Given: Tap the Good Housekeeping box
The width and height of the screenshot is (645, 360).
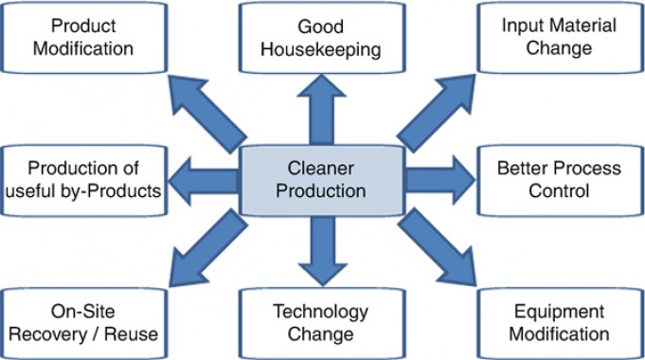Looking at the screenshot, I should click(321, 35).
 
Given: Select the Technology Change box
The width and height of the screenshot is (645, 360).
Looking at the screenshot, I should click(321, 322).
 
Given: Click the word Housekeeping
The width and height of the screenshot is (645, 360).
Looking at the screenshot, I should click(321, 46).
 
